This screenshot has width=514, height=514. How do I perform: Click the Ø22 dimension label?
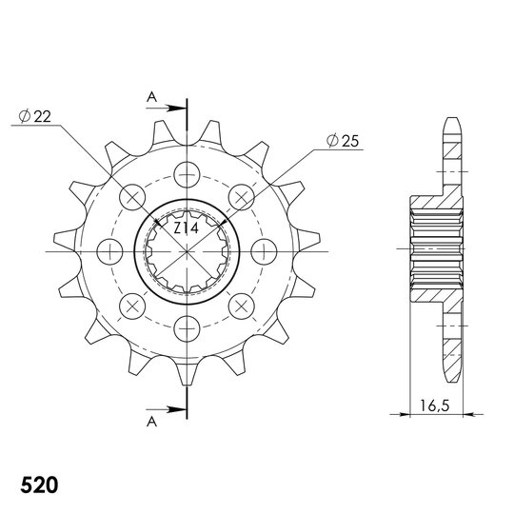click(x=35, y=116)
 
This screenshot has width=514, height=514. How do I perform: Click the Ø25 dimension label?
click(x=342, y=141)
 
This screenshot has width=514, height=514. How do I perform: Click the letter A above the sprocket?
click(x=150, y=96)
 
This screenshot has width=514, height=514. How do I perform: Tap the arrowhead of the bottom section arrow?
click(x=180, y=410)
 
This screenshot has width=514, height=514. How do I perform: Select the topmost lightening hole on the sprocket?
click(x=188, y=174)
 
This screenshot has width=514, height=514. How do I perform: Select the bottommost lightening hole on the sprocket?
click(x=188, y=327)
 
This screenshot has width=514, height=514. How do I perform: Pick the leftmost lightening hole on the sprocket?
click(x=111, y=250)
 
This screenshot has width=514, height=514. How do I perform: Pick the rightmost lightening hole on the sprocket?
click(x=264, y=250)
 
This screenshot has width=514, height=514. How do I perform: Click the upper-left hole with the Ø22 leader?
click(x=133, y=197)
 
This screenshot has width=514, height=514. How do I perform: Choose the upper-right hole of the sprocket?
click(x=242, y=197)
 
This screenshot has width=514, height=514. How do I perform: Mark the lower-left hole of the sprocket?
click(x=133, y=305)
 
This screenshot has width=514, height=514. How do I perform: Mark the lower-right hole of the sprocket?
click(x=242, y=305)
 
